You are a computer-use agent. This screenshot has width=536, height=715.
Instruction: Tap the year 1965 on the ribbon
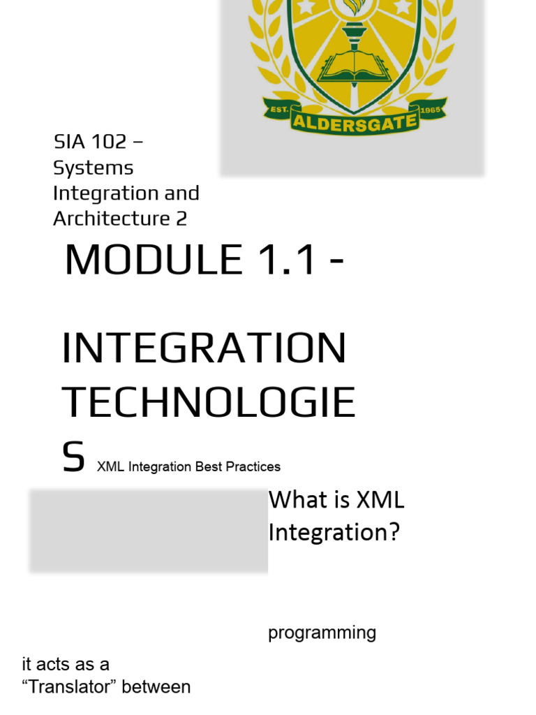[x=427, y=112]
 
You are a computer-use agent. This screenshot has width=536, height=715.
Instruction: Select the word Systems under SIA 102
[x=94, y=168]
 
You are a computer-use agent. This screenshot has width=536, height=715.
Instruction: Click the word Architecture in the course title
[x=111, y=219]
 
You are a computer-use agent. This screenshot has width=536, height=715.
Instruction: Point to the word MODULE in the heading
[x=153, y=260]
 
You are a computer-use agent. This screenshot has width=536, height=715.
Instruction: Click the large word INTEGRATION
[x=204, y=348]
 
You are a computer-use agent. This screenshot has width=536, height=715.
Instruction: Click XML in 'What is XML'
[x=380, y=500]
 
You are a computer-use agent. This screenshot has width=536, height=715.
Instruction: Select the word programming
[x=322, y=633]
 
